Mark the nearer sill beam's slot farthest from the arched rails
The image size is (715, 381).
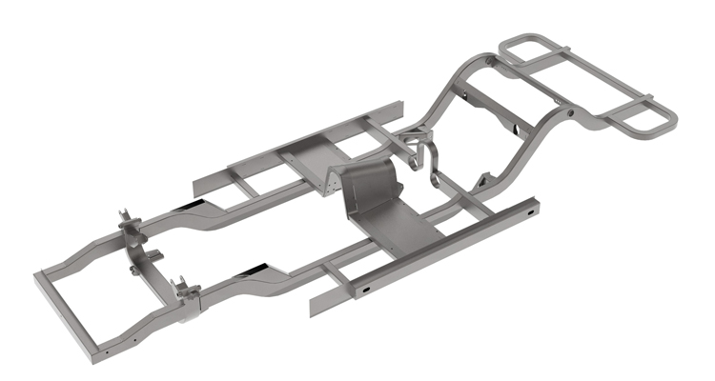[367, 286]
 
